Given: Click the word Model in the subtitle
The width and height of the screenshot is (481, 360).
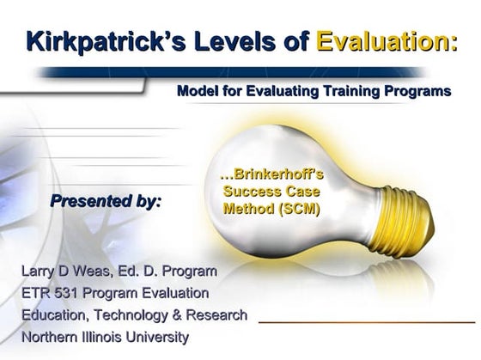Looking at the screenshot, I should coord(197,91).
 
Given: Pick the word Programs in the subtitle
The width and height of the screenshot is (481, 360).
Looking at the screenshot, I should coord(419,91).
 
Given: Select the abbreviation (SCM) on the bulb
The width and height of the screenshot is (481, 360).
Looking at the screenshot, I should coord(294,207).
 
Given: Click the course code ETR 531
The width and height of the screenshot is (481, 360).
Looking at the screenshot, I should coord(46,293).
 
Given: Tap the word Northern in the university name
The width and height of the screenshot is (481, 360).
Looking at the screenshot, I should coord(50,337).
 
